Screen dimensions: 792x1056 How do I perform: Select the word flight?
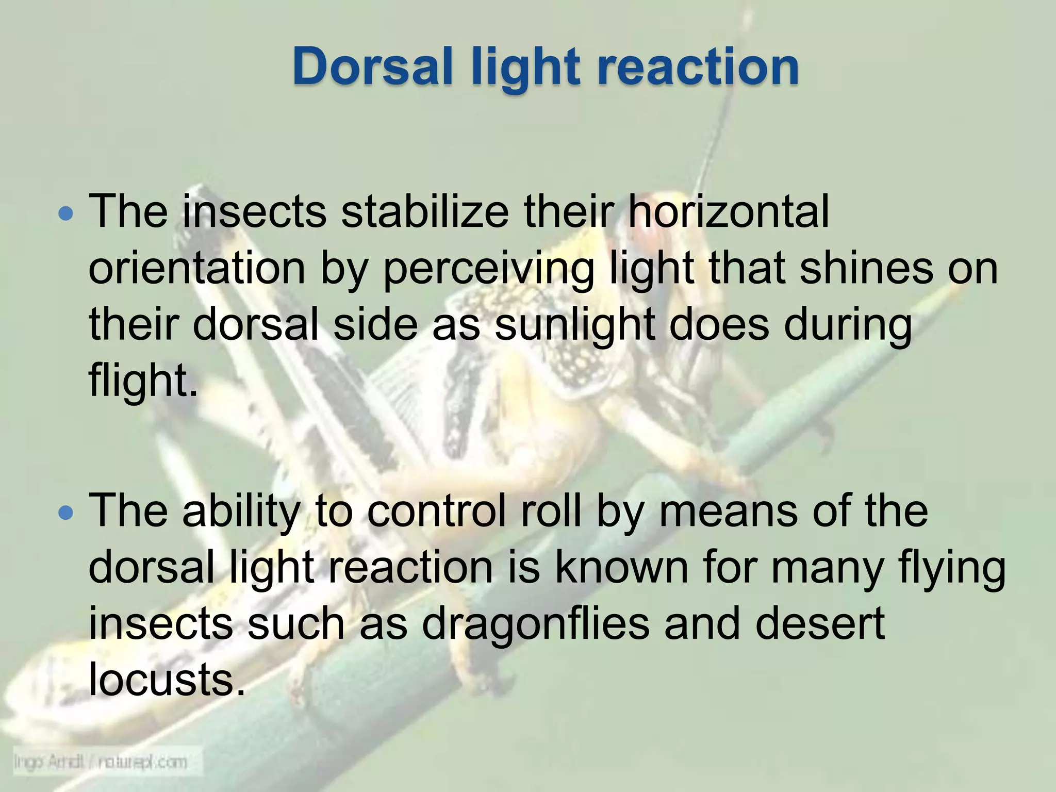pos(142,382)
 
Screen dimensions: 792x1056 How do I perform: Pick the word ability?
pos(240,511)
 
